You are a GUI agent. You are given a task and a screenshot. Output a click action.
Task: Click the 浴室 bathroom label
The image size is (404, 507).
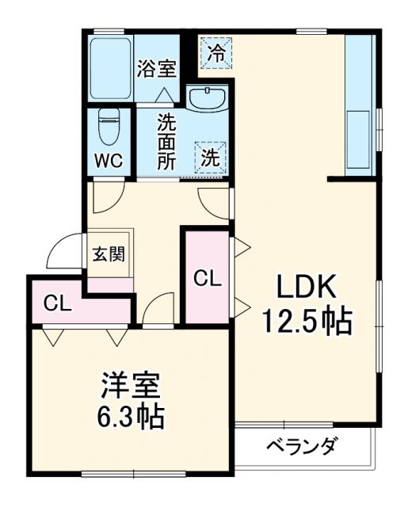[156, 69]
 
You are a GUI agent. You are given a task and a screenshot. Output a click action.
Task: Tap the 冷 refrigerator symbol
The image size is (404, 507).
[215, 53]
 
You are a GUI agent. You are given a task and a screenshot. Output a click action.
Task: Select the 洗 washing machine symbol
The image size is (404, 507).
[211, 157]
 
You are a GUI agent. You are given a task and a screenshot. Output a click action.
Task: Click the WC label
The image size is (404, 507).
[109, 160]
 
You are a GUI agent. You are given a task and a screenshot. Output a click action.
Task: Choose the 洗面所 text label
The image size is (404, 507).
[166, 142]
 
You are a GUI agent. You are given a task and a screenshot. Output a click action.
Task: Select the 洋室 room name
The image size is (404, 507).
[131, 386]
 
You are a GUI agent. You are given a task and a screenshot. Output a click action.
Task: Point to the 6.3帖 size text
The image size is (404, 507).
[131, 415]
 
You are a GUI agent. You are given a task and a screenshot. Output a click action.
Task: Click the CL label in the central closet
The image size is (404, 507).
[207, 278]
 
